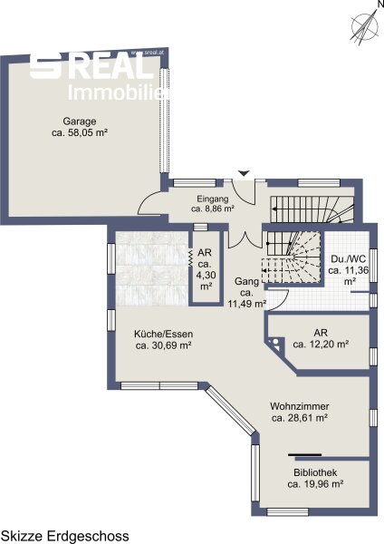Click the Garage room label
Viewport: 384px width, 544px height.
(80, 121)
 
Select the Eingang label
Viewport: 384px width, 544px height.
(213, 199)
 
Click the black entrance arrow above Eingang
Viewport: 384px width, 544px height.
(245, 173)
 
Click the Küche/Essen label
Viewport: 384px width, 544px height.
(164, 334)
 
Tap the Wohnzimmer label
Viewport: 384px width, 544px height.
(300, 406)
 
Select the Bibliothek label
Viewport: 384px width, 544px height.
(315, 472)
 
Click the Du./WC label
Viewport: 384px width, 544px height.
(348, 259)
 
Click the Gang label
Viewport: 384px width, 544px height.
(246, 281)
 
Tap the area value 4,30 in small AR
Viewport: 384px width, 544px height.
(206, 275)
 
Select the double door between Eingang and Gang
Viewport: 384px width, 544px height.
(245, 240)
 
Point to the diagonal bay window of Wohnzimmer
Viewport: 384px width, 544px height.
(230, 411)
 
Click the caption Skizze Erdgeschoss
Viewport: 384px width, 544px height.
(65, 536)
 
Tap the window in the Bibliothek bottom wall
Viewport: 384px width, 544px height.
(287, 511)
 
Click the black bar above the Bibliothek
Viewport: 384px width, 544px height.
(304, 454)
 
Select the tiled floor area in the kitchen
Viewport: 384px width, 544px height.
(152, 269)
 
